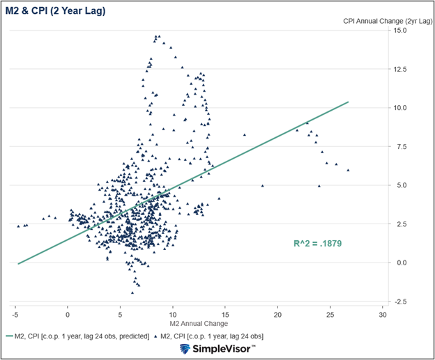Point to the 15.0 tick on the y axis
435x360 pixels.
pyautogui.click(x=399, y=31)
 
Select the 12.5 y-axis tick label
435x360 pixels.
pyautogui.click(x=399, y=69)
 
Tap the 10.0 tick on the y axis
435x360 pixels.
pyautogui.click(x=399, y=108)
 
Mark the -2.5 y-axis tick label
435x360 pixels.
pyautogui.click(x=400, y=301)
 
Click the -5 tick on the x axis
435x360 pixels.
pyautogui.click(x=15, y=314)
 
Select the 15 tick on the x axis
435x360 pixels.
pyautogui.click(x=225, y=314)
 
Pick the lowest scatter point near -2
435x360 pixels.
pyautogui.click(x=132, y=293)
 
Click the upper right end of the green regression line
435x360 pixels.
pyautogui.click(x=348, y=102)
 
